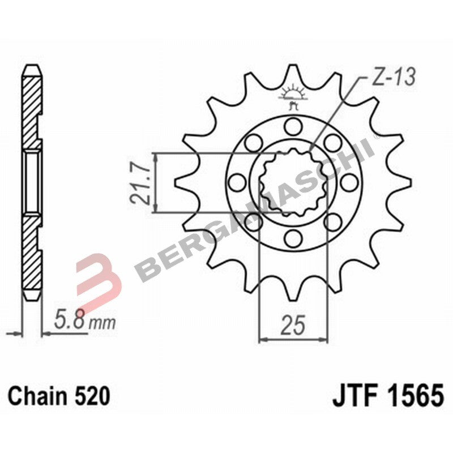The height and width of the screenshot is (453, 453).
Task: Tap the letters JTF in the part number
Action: tap(352, 396)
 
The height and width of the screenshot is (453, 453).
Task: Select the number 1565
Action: tap(411, 396)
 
